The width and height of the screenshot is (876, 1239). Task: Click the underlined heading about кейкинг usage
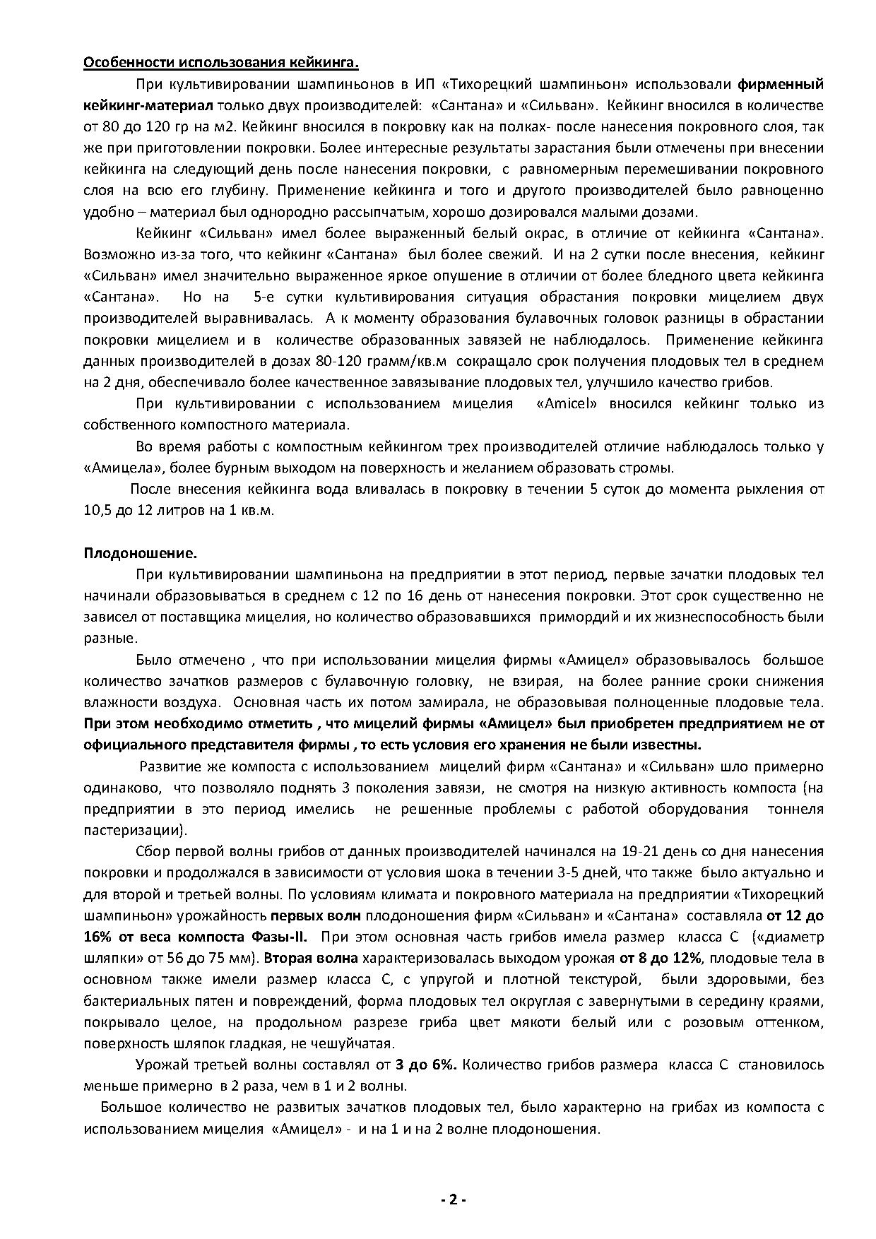point(221,63)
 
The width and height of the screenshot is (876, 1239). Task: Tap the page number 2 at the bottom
point(452,1200)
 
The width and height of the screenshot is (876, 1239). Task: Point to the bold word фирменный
point(781,85)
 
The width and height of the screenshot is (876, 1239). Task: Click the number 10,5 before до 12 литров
point(96,510)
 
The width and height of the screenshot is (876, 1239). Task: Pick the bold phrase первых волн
point(316,916)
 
